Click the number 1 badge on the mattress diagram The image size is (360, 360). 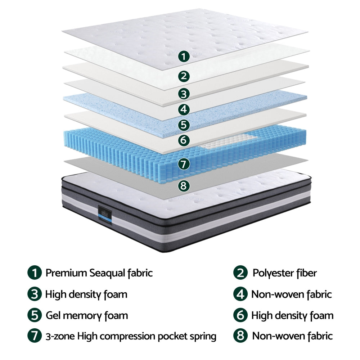184,57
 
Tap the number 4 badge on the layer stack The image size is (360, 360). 184,109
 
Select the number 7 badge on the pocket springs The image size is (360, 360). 184,164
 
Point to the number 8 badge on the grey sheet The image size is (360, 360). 184,186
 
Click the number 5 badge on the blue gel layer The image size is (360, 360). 184,125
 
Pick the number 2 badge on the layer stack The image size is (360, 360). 184,76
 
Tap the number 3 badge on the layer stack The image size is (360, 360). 184,94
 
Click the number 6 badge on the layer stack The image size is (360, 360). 184,140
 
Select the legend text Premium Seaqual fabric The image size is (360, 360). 99,273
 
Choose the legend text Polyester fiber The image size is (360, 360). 284,273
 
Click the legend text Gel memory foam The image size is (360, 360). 87,316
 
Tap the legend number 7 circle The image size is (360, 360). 34,336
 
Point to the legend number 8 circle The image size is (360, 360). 240,336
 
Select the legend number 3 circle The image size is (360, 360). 34,294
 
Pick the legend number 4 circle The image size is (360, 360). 240,294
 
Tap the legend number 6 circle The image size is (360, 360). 240,316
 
